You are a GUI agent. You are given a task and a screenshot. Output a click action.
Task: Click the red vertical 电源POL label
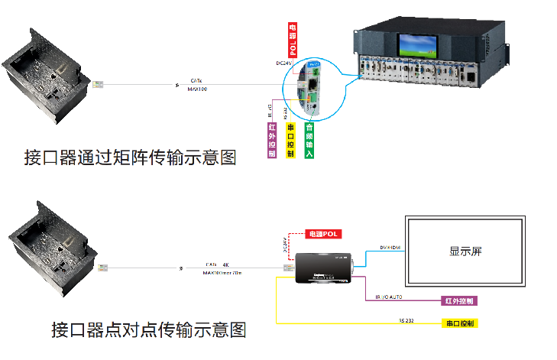pyautogui.click(x=293, y=41)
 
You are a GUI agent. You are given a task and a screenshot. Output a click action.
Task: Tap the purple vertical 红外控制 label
pyautogui.click(x=272, y=140)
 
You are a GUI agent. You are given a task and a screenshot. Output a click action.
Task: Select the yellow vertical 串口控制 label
pyautogui.click(x=290, y=140)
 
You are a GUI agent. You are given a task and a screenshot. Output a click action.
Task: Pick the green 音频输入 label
pyautogui.click(x=309, y=140)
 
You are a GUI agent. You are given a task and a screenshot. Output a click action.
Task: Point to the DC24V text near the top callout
pyautogui.click(x=285, y=63)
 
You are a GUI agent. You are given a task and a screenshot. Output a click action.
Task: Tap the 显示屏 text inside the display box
pyautogui.click(x=465, y=251)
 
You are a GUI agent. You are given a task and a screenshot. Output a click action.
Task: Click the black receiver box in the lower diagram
pyautogui.click(x=324, y=268)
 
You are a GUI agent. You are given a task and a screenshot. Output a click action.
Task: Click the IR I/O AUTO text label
pyautogui.click(x=393, y=297)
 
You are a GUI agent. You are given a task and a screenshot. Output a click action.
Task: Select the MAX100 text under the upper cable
pyautogui.click(x=197, y=89)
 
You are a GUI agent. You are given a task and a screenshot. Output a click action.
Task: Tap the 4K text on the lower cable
pyautogui.click(x=226, y=264)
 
